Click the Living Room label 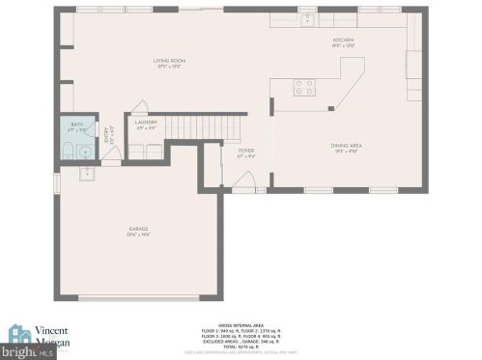point(169,61)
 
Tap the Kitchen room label point(344,40)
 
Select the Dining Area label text point(347,146)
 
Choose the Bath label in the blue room point(77,125)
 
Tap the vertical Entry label point(106,138)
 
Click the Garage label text point(139,229)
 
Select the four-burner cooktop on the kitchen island point(304,87)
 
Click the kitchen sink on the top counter point(309,17)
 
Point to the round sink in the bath point(85,151)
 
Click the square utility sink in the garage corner point(86,175)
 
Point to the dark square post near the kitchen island point(329,108)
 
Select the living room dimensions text point(169,67)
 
